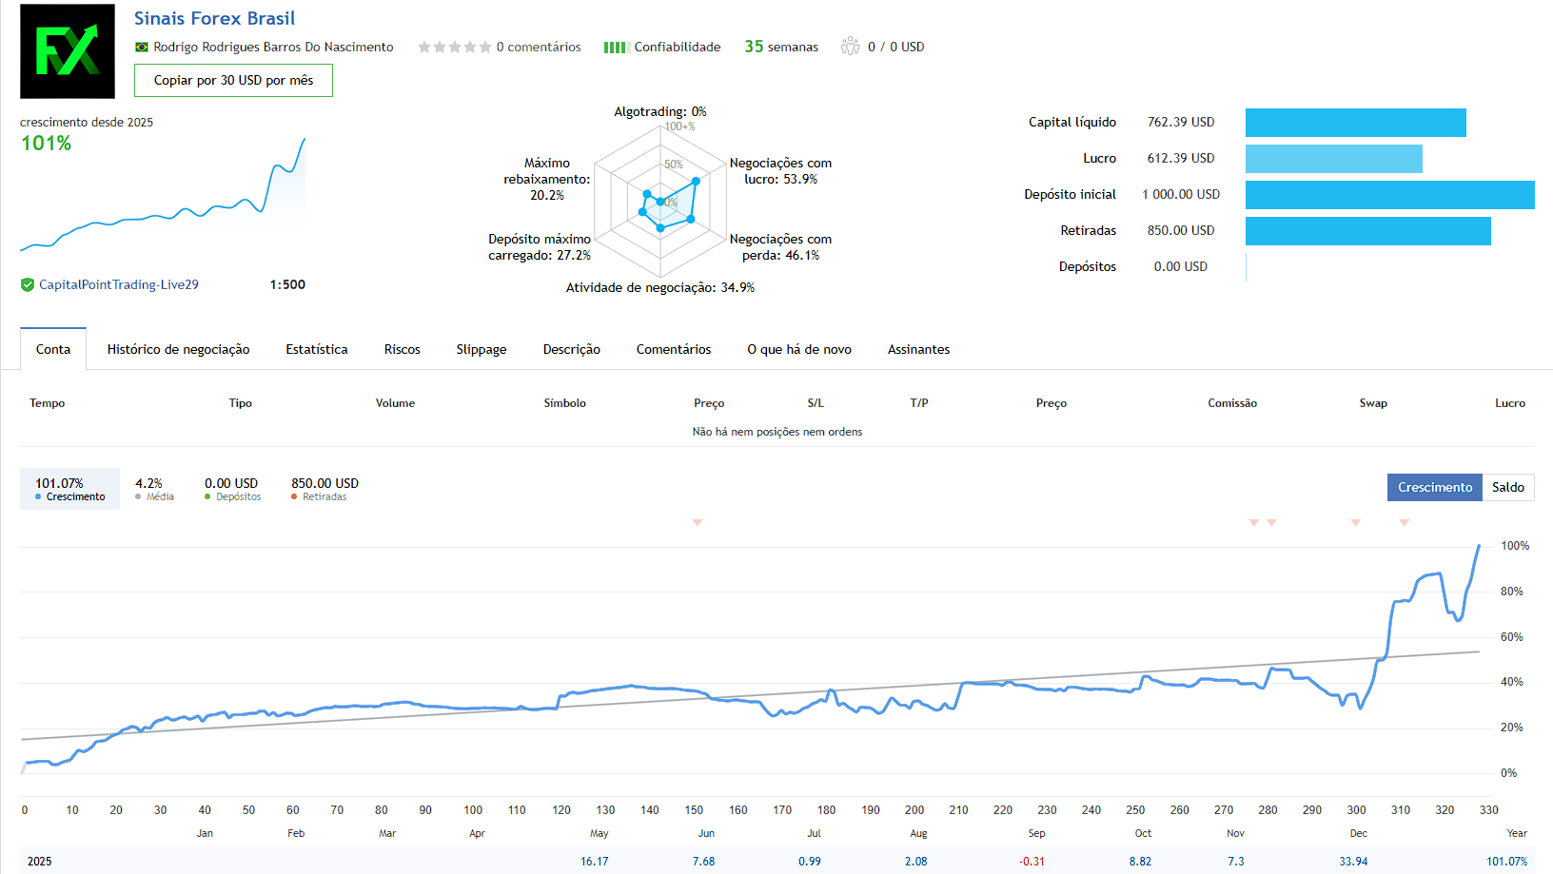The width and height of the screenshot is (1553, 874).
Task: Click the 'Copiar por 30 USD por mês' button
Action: (x=233, y=81)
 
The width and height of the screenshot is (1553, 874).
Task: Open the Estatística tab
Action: (x=317, y=350)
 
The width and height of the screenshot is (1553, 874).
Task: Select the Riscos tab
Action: (x=402, y=350)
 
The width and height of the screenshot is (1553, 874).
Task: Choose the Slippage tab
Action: (x=482, y=350)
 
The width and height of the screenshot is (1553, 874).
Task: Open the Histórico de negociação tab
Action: (x=178, y=350)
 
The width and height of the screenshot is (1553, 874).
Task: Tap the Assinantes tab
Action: (x=918, y=350)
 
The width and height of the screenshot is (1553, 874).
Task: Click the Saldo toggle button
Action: (x=1507, y=488)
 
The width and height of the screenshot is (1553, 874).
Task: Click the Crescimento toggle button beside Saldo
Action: (x=1434, y=488)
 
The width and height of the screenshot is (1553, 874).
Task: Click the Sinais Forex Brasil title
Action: (x=214, y=19)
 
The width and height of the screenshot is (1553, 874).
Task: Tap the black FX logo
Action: (x=68, y=51)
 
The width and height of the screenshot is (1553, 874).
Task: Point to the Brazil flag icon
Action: (x=142, y=48)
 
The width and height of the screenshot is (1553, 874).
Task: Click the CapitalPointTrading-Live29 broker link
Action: (x=119, y=285)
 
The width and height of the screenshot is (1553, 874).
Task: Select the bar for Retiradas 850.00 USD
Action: (x=1367, y=231)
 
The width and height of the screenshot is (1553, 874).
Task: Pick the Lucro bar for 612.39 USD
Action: (x=1333, y=159)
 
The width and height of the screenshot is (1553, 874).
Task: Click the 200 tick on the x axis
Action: (x=914, y=810)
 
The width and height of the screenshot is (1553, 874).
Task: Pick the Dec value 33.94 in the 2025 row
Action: (x=1353, y=862)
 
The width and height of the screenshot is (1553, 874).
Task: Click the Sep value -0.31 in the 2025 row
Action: (x=1032, y=862)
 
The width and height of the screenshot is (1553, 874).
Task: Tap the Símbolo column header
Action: (x=564, y=403)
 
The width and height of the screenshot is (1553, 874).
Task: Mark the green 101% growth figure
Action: (x=47, y=144)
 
